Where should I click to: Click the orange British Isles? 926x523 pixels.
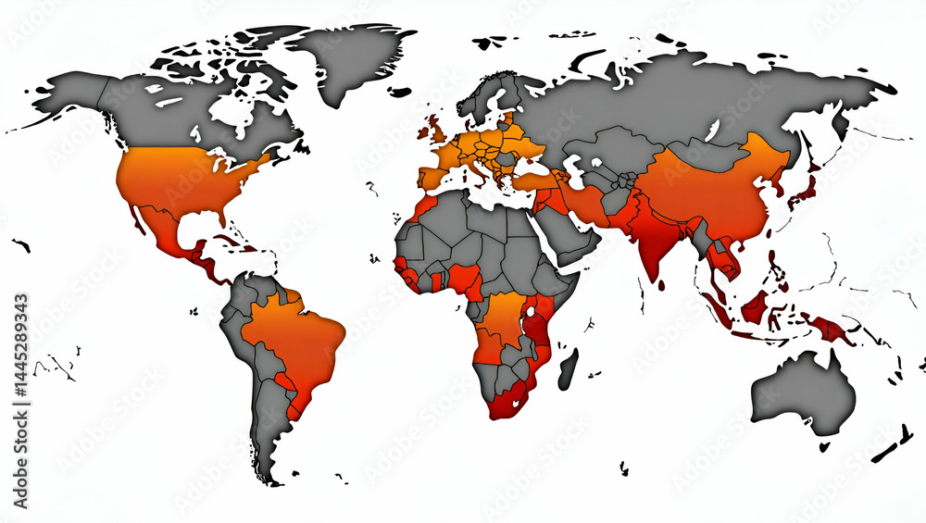click(432, 130)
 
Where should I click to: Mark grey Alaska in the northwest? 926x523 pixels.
click(74, 93)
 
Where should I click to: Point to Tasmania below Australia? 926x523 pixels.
click(824, 445)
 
